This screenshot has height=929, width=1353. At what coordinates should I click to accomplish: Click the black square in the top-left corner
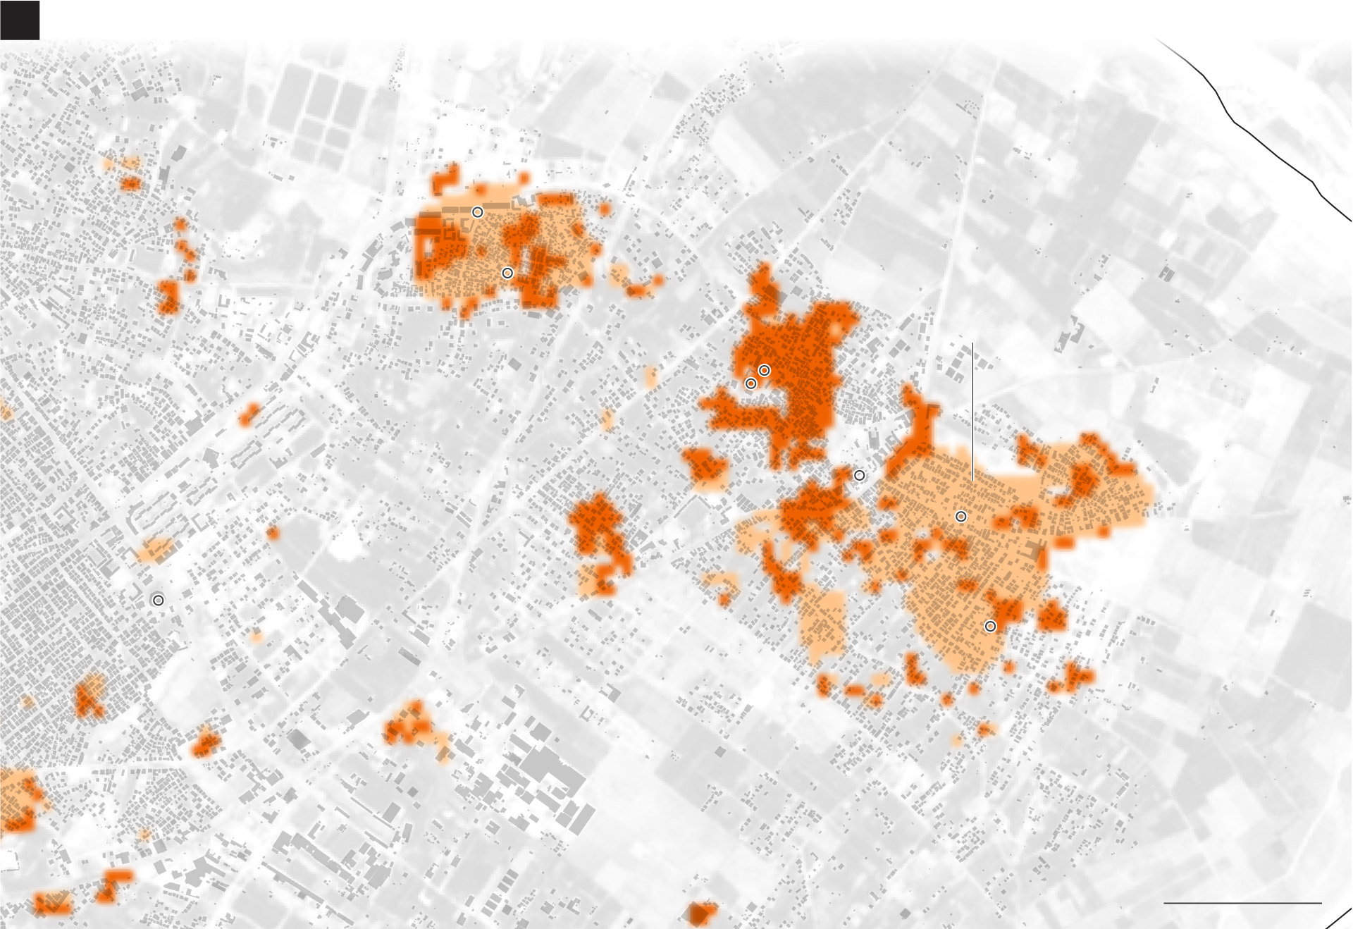pyautogui.click(x=19, y=20)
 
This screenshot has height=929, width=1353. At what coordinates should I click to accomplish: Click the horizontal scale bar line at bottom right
pyautogui.click(x=1242, y=903)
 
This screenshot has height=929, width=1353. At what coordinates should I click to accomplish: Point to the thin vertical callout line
pyautogui.click(x=972, y=412)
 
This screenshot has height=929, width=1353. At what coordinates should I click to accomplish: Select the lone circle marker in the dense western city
pyautogui.click(x=159, y=600)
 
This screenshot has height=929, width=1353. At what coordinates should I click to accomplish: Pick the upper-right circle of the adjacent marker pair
pyautogui.click(x=765, y=370)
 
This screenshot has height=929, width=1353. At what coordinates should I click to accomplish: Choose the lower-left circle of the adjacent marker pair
pyautogui.click(x=751, y=383)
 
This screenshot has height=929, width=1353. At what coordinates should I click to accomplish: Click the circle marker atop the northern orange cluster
pyautogui.click(x=478, y=211)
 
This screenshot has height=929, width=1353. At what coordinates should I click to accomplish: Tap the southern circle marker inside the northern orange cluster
pyautogui.click(x=507, y=273)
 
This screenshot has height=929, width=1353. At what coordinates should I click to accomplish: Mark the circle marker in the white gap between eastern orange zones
pyautogui.click(x=860, y=476)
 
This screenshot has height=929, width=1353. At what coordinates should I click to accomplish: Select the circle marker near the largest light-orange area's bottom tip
pyautogui.click(x=991, y=626)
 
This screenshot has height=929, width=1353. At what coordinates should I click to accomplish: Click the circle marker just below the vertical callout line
pyautogui.click(x=961, y=517)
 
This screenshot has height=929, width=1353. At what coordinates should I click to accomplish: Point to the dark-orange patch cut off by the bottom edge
pyautogui.click(x=701, y=913)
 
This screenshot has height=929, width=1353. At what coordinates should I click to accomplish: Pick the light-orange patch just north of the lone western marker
pyautogui.click(x=154, y=549)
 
